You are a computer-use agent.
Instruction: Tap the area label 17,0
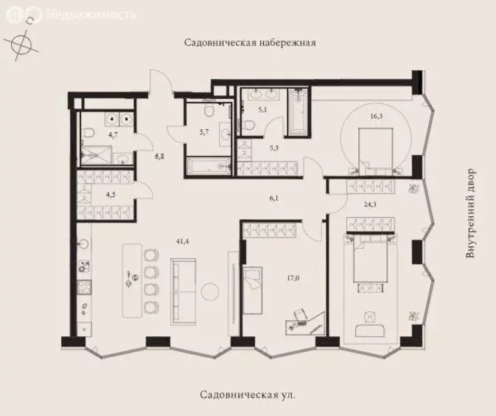pos(293,279)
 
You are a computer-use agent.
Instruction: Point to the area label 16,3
pos(376,116)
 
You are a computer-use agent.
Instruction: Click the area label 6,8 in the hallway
pos(159,156)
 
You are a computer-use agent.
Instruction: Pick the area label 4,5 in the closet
pos(111,196)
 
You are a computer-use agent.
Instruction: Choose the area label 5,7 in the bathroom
pos(205,133)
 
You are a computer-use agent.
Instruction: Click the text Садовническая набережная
pos(250,43)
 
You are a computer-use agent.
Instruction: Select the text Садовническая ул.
pos(248,395)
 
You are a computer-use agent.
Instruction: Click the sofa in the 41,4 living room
pos(183,291)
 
